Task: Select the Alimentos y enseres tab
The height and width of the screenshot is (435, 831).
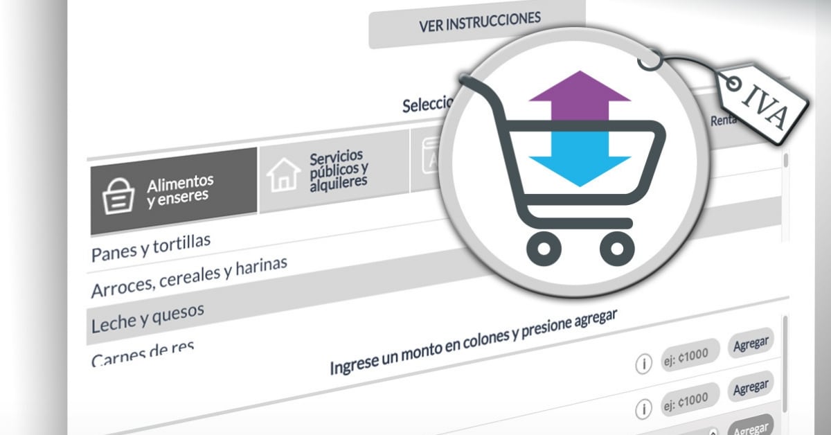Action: tap(174, 190)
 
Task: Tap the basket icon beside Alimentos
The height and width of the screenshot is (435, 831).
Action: tap(118, 197)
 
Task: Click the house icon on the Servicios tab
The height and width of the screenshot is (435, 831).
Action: tap(283, 175)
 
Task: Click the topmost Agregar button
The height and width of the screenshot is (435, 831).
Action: tap(751, 344)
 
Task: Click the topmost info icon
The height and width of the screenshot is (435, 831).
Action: tap(644, 364)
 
